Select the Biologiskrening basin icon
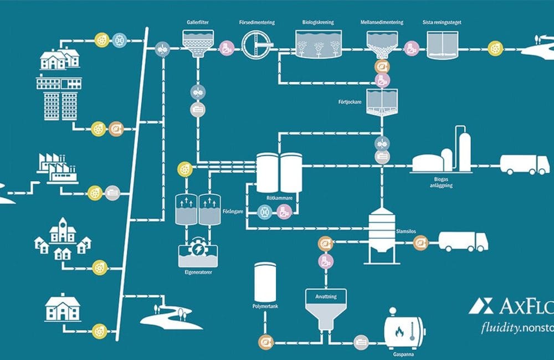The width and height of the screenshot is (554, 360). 317,44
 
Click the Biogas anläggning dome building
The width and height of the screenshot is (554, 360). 433,162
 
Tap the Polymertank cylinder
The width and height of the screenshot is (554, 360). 265,282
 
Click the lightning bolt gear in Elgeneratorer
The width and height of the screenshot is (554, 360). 197,249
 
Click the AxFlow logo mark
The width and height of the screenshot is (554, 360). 479,306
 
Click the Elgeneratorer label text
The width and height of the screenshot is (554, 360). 198,272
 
